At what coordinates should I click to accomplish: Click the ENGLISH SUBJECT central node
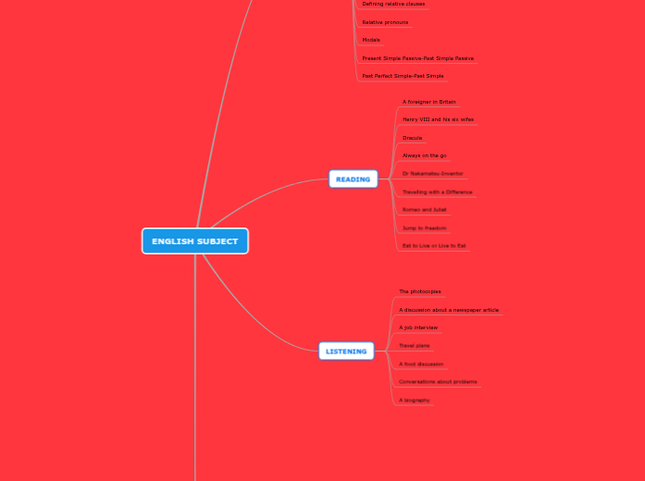pyautogui.click(x=194, y=241)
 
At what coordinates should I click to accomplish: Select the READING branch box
pyautogui.click(x=353, y=179)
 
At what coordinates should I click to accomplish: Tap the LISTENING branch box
pyautogui.click(x=346, y=351)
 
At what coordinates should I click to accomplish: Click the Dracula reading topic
pyautogui.click(x=412, y=138)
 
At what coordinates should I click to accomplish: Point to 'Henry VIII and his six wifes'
pyautogui.click(x=438, y=119)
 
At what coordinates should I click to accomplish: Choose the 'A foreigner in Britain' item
pyautogui.click(x=428, y=102)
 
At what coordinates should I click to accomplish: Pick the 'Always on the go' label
pyautogui.click(x=424, y=155)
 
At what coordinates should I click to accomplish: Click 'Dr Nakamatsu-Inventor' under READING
pyautogui.click(x=432, y=174)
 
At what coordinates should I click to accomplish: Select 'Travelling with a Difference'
pyautogui.click(x=437, y=191)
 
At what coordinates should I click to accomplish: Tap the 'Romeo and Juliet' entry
pyautogui.click(x=424, y=210)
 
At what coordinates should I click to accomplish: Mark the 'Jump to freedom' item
pyautogui.click(x=424, y=228)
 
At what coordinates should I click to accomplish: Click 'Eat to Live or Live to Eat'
pyautogui.click(x=434, y=246)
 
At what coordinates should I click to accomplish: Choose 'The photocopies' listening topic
pyautogui.click(x=420, y=291)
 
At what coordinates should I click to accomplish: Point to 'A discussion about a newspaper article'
pyautogui.click(x=449, y=310)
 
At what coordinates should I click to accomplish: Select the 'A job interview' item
pyautogui.click(x=418, y=327)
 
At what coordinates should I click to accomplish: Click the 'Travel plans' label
pyautogui.click(x=414, y=345)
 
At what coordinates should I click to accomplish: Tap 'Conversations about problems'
pyautogui.click(x=438, y=381)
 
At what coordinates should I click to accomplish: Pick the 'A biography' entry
pyautogui.click(x=414, y=400)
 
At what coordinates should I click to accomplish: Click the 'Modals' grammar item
pyautogui.click(x=371, y=40)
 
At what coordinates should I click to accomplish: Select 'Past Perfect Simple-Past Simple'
pyautogui.click(x=403, y=76)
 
